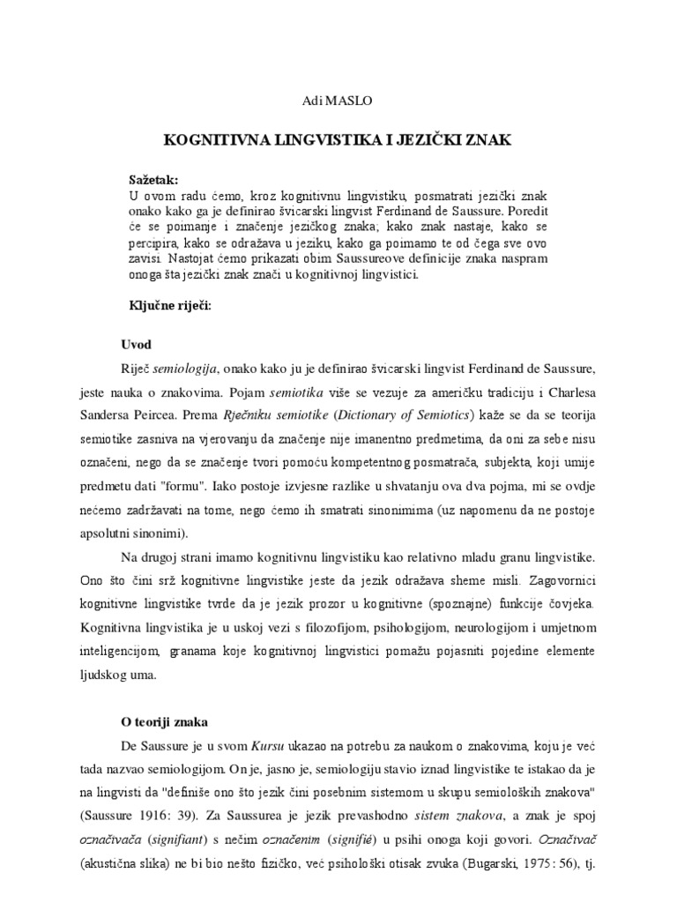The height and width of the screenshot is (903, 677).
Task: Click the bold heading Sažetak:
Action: tap(153, 178)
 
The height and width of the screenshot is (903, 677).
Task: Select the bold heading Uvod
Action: tap(136, 344)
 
